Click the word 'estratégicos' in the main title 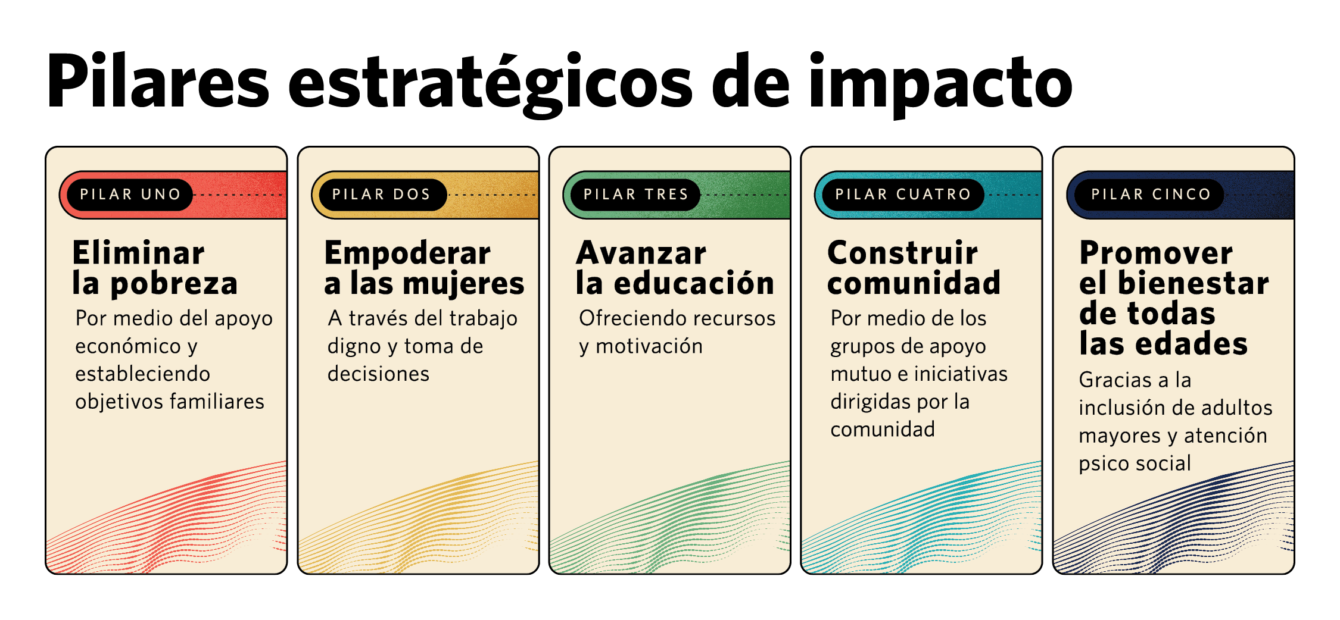point(490,83)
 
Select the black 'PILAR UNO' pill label point(130,195)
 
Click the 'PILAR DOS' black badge point(382,195)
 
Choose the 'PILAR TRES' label point(635,195)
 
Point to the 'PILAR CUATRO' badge point(903,195)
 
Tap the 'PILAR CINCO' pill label point(1151,195)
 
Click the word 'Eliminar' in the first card point(138,253)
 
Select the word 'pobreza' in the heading point(174,284)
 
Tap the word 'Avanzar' point(641,253)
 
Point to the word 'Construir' point(903,253)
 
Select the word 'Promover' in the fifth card point(1156,253)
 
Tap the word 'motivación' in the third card point(649,346)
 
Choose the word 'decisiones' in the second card point(378,374)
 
